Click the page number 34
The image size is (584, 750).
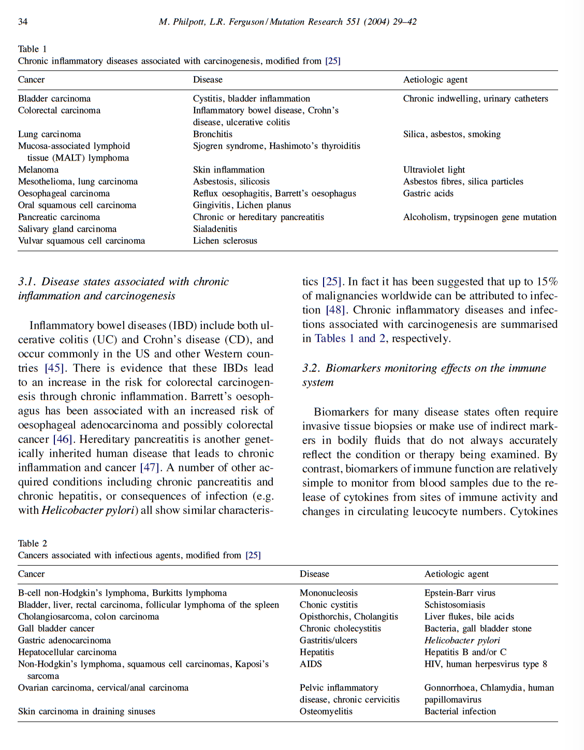(x=23, y=22)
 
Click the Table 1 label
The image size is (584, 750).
(x=32, y=49)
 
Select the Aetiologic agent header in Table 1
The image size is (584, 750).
(x=435, y=80)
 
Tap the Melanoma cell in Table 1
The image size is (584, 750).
(x=38, y=170)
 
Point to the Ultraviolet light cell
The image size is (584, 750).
(x=434, y=170)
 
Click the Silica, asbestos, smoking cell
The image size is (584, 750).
(x=451, y=134)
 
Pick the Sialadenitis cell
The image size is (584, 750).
(x=215, y=229)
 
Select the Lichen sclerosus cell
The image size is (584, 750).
(x=225, y=241)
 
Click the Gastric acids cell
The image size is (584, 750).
(x=428, y=193)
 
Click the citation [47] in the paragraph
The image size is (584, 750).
(x=150, y=468)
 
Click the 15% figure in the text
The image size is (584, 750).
(x=547, y=282)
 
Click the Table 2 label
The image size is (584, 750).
(x=32, y=543)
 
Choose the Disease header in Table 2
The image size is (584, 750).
(x=314, y=574)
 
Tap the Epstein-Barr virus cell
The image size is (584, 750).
(x=459, y=593)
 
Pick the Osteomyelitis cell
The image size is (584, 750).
(x=326, y=712)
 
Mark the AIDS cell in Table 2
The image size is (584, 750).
(x=311, y=664)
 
